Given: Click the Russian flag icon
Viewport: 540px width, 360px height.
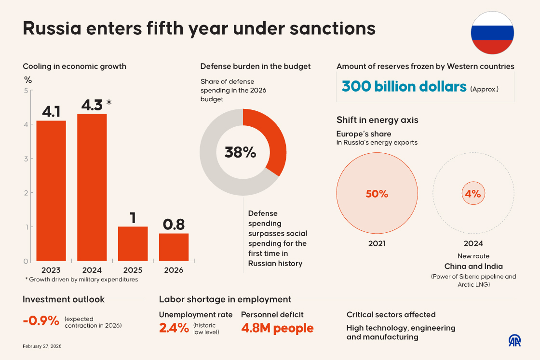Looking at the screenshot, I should click(492, 33).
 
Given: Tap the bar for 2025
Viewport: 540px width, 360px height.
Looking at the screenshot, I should click(133, 243).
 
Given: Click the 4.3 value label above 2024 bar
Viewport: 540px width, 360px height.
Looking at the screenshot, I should click(92, 105).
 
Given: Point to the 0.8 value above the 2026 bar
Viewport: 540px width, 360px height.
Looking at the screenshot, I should click(174, 225).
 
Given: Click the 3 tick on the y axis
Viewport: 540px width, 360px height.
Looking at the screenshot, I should click(26, 159).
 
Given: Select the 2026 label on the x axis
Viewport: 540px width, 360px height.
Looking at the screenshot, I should click(174, 270).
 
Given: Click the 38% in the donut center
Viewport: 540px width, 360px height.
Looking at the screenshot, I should click(240, 152).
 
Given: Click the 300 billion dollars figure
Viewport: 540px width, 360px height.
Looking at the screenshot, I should click(404, 87).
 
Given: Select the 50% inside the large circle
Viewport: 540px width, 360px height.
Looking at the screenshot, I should click(377, 194).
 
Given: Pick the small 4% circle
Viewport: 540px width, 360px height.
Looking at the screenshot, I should click(472, 194).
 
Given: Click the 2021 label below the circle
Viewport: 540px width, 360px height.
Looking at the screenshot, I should click(377, 244).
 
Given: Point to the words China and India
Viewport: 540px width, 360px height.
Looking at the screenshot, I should click(473, 267).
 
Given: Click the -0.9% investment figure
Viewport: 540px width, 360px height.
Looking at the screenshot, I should click(41, 320).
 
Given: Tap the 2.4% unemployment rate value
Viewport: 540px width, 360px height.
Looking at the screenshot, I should click(174, 328).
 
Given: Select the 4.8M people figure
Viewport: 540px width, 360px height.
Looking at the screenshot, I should click(277, 328).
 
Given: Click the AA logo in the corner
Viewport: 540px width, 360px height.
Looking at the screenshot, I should click(515, 340).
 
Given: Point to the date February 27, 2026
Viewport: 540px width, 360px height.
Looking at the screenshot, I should click(42, 347).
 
